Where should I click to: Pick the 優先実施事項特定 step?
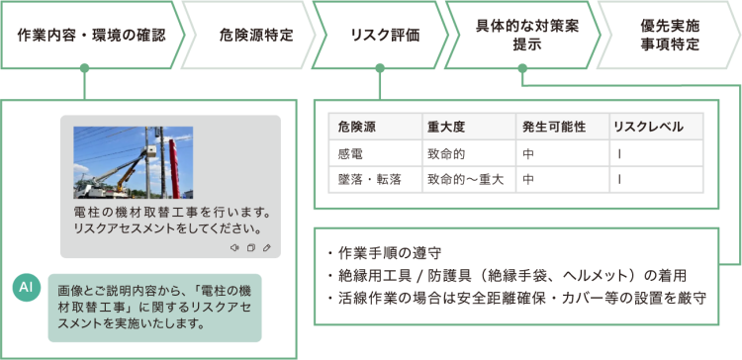pos(665,33)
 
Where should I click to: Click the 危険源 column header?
pos(356,128)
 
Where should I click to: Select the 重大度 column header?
pos(447,128)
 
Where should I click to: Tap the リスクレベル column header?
pos(647,128)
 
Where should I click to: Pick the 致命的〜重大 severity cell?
pos(465,180)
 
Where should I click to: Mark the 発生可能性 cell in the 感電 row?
pos(529,154)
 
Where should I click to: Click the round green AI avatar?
pos(27,287)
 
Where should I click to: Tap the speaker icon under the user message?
pos(233,247)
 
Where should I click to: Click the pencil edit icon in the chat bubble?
pos(266,247)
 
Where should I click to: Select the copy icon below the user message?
pos(250,247)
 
